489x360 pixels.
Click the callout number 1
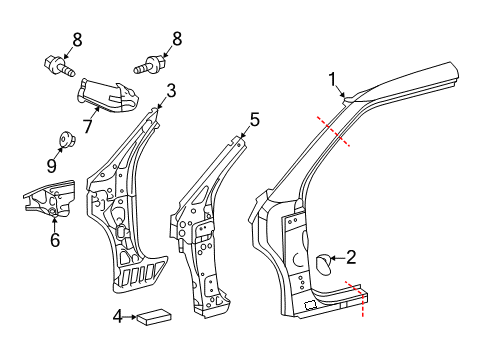coord(332,80)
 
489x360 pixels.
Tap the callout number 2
coord(351,257)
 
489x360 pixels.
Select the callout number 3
coord(171,91)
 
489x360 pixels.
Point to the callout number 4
coord(118,317)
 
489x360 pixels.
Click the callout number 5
coord(255,120)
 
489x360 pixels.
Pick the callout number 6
coord(55,239)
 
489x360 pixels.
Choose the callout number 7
coord(87,126)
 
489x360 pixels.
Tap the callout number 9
coord(51,165)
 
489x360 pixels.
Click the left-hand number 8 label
coord(77,40)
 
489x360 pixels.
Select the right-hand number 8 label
coord(177,39)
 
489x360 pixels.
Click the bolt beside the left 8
coord(59,66)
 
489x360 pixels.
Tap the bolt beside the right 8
coord(150,65)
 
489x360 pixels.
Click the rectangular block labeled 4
coord(154,316)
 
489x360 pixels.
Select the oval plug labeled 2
coord(323,264)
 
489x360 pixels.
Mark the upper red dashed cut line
coord(333,131)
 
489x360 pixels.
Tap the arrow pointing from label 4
coord(130,317)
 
